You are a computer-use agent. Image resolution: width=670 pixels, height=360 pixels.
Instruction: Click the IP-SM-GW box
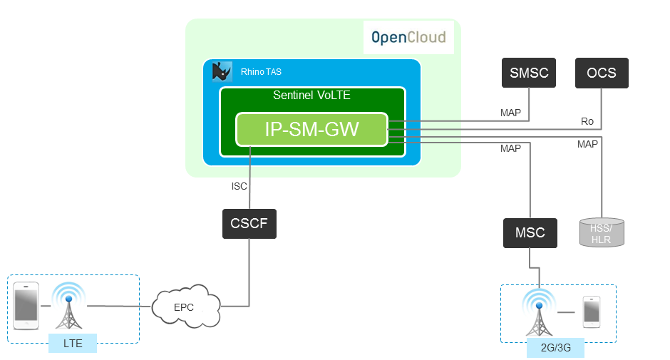pos(312,129)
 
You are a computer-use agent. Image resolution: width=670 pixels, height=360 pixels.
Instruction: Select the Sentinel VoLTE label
pos(311,95)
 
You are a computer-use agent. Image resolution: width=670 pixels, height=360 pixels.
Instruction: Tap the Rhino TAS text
pos(261,72)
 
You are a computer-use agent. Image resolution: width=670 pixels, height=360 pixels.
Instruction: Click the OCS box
pos(602,73)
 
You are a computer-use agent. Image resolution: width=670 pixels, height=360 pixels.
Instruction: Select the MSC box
pos(530,232)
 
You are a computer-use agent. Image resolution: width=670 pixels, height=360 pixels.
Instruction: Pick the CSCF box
pos(249,223)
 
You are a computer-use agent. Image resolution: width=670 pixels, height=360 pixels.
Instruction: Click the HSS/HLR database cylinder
pos(601,232)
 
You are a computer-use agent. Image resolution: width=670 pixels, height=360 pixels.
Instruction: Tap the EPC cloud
pos(183,307)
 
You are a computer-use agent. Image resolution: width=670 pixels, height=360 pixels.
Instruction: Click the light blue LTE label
pos(73,343)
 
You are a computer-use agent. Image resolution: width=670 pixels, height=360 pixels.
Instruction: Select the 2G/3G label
pos(556,348)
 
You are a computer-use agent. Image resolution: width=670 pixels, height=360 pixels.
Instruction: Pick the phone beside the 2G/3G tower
pos(592,312)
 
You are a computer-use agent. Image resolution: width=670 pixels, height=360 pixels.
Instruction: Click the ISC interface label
pos(239,186)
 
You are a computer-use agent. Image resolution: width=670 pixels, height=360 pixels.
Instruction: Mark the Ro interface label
pos(587,121)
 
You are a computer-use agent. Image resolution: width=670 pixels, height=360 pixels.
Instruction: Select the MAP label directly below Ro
pos(587,144)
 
